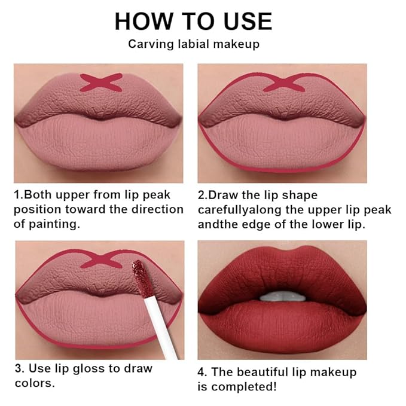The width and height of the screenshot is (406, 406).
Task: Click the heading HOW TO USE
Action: click(193, 21)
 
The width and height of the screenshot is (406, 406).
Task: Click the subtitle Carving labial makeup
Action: click(193, 44)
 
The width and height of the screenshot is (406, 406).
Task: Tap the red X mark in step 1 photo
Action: click(101, 82)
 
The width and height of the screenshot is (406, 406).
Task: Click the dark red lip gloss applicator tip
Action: click(139, 277)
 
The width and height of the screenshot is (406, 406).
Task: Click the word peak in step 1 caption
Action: click(156, 195)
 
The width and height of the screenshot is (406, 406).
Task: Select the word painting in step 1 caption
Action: click(56, 224)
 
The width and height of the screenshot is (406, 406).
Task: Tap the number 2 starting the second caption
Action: click(202, 196)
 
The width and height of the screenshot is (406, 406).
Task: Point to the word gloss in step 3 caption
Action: click(88, 369)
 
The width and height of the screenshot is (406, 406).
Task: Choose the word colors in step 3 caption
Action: click(33, 383)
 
